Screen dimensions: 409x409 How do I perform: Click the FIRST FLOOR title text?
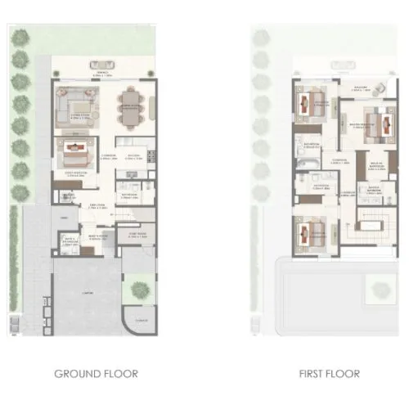[329, 375]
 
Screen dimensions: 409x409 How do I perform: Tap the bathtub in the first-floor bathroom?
[307, 173]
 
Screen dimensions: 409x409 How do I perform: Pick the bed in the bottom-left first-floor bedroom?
[309, 232]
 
